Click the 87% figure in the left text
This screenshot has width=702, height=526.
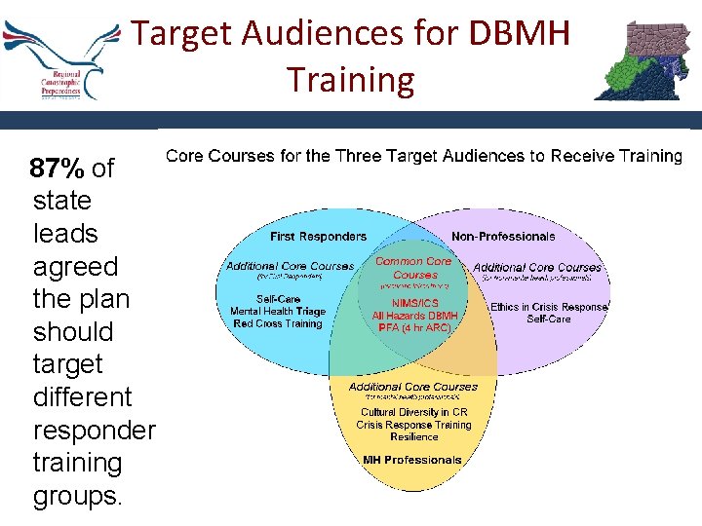pos(57,169)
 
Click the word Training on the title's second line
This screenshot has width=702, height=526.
pos(350,79)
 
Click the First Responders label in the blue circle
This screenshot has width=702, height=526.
pos(319,237)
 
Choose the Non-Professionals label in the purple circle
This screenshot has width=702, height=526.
pos(503,237)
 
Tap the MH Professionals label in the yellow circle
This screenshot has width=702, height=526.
pos(412,460)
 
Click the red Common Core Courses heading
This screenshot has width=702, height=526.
pos(413,268)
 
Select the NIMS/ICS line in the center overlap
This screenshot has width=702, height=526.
pos(413,303)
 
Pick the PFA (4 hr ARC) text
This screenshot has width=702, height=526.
pos(413,328)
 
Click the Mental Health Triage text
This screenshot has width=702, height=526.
pos(278,312)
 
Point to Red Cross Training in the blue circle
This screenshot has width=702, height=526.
pos(278,323)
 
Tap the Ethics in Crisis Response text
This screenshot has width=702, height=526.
pos(549,307)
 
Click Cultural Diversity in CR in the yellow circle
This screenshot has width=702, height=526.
pos(412,413)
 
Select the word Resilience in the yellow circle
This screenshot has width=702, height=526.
pos(412,437)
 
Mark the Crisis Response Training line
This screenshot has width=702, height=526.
pos(412,426)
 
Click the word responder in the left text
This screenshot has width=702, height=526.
pos(94,430)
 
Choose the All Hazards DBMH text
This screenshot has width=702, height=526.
pos(414,316)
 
